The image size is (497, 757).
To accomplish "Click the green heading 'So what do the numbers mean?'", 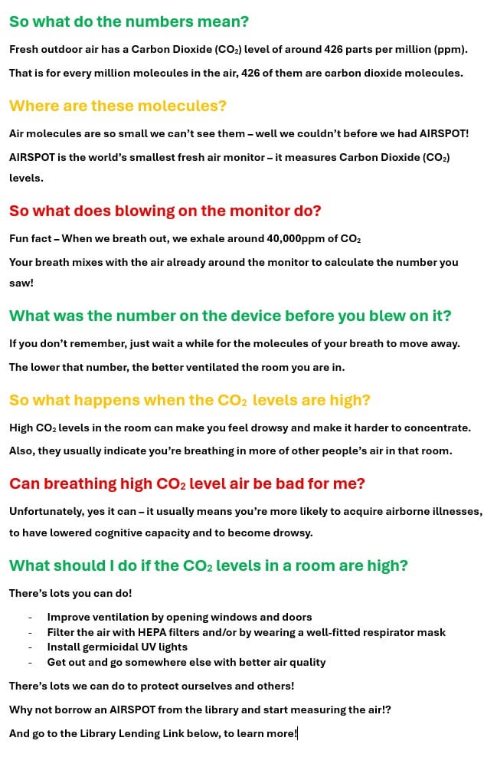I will [x=129, y=21].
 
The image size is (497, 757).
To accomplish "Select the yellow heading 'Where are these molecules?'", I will [x=118, y=106].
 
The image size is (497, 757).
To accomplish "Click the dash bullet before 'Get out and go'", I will [x=30, y=662].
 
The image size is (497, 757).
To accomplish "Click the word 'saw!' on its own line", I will [x=21, y=283].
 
